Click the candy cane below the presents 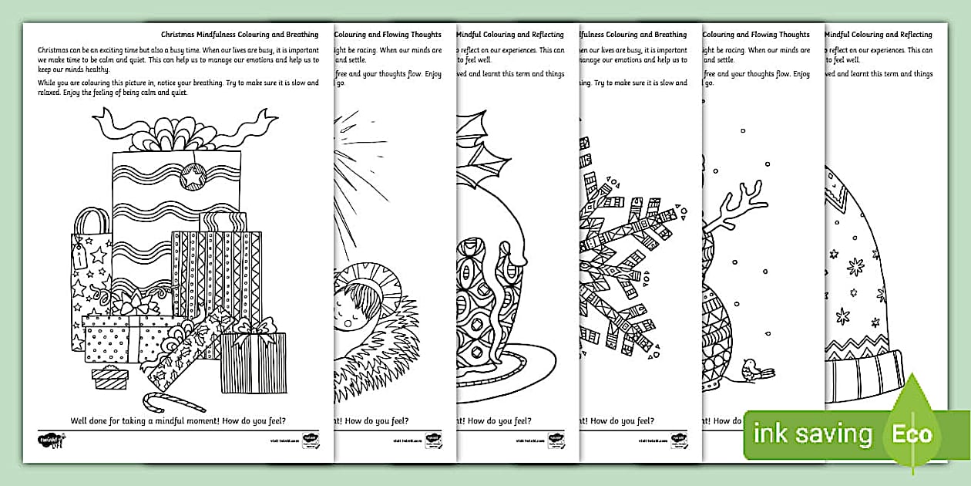tap(173, 402)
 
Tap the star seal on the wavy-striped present tap(192, 178)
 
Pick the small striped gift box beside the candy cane tap(109, 377)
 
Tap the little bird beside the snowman tap(751, 371)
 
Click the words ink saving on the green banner tap(813, 434)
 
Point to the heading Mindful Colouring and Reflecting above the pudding tap(510, 35)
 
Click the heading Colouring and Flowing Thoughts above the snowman tap(755, 35)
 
